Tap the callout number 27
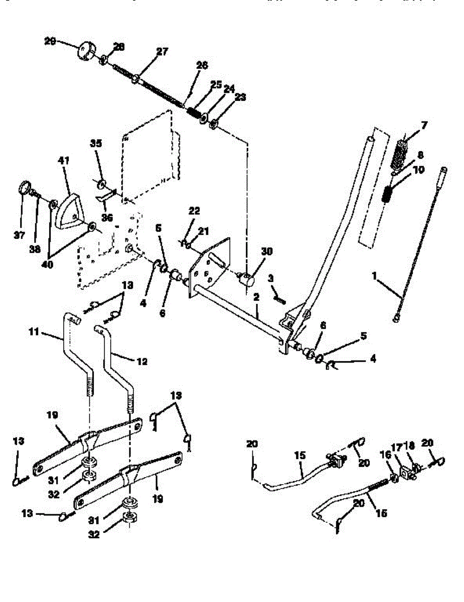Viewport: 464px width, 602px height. click(162, 51)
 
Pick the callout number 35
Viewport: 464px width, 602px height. click(96, 143)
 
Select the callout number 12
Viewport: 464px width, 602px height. click(142, 361)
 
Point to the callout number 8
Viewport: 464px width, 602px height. click(420, 155)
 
